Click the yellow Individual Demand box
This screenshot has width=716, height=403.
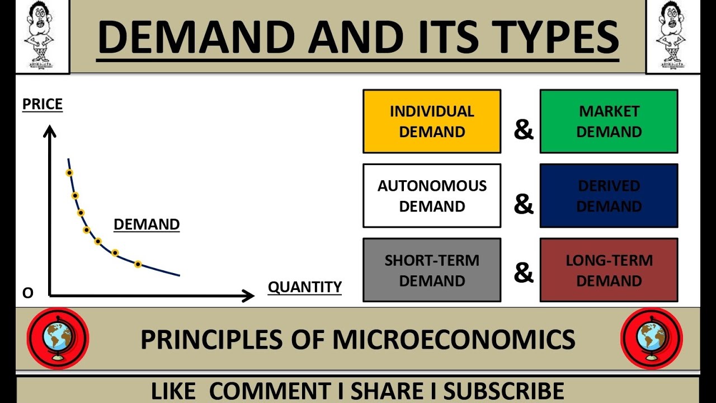coord(432,121)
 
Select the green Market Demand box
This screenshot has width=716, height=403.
coord(609,121)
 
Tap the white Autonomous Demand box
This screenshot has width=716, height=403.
coord(432,196)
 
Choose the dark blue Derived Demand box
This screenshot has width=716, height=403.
coord(609,196)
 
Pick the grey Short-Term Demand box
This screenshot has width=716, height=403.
coord(432,270)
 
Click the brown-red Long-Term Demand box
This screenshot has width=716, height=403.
coord(609,270)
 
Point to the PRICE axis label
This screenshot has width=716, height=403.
coord(43,105)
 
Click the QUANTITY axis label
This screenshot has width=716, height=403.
coord(305,287)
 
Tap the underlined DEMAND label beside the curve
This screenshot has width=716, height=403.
coord(147,225)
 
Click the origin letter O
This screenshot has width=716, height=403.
coord(28,293)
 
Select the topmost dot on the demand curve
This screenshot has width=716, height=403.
coord(69,172)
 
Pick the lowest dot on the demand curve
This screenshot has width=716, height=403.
coord(138,264)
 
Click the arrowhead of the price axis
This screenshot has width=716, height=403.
coord(50,131)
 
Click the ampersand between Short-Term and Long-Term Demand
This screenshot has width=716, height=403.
coord(524,273)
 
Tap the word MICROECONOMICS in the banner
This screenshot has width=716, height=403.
coord(454,340)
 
